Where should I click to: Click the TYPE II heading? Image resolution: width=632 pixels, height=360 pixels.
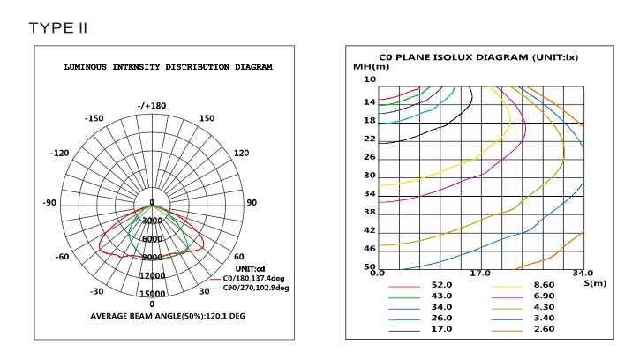coord(58,27)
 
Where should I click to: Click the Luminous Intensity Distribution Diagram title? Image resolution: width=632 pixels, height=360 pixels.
coord(169,67)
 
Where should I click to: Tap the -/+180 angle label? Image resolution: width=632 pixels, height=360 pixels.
coord(152,107)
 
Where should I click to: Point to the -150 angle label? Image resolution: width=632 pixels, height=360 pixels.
coord(94,119)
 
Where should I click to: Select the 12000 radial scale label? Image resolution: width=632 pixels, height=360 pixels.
coord(152,275)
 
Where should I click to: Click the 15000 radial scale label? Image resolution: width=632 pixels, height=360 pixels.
coord(152,294)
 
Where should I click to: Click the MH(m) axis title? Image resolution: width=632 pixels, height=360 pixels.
coord(371,67)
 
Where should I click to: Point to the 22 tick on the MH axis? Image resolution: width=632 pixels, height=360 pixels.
coord(369,139)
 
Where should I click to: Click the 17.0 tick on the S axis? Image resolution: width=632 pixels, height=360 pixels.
coord(479,274)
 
